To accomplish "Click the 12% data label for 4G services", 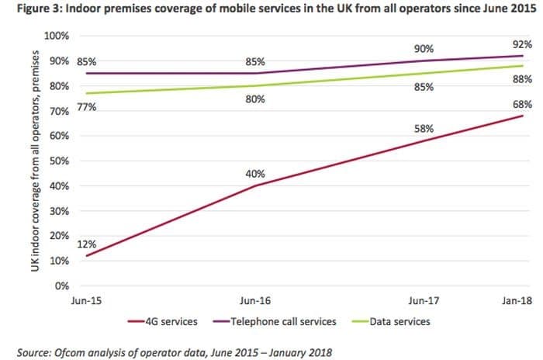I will point(87,244).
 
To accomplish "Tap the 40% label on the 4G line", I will point(255,174).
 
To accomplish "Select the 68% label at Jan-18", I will point(521,104).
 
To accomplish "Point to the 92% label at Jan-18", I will point(521,45).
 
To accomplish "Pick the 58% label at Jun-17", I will point(424,129).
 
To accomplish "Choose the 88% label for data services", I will point(521,79).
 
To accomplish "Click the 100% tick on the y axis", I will point(57,36).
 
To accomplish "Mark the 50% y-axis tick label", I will point(60,161).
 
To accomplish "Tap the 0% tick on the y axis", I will point(63,286).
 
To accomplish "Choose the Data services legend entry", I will point(396,321).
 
